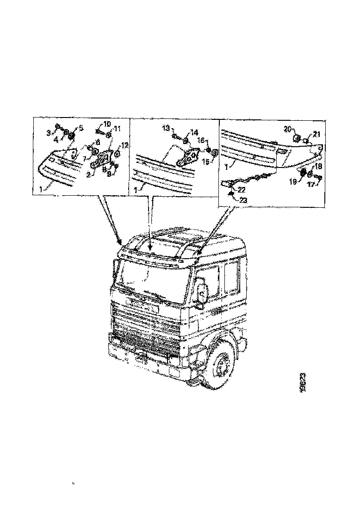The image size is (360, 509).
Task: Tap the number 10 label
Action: pos(107,124)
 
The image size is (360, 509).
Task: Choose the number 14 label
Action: pos(194,131)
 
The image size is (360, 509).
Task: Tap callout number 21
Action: pos(316,134)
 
